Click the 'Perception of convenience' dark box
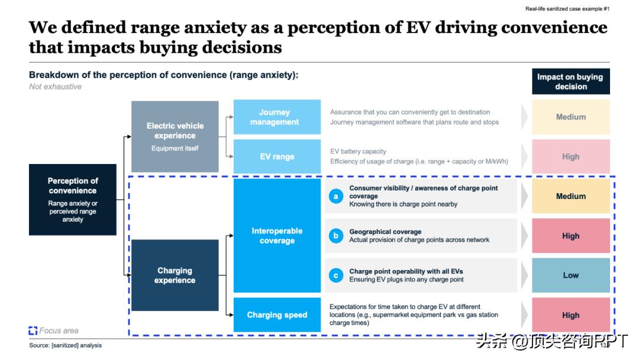(x=73, y=200)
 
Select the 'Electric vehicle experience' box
(x=175, y=136)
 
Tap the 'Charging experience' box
(x=175, y=275)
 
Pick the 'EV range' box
(x=277, y=157)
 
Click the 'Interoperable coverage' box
(x=277, y=236)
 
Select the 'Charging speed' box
(x=277, y=315)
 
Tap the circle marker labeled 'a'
(x=336, y=196)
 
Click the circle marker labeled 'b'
(x=336, y=236)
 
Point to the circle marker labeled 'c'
(x=336, y=275)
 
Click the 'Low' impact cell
(x=570, y=275)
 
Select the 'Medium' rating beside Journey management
(x=570, y=117)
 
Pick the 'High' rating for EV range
(x=570, y=157)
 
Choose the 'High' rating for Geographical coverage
(x=570, y=236)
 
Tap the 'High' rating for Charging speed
(x=570, y=315)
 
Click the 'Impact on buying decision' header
(x=570, y=82)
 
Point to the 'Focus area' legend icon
(x=33, y=331)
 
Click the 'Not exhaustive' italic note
(x=56, y=86)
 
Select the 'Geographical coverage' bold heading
(x=385, y=232)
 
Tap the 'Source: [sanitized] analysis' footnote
(x=66, y=345)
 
